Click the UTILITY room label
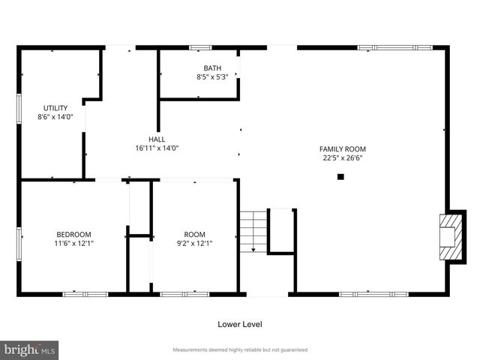pos(55,108)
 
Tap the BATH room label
pos(212,68)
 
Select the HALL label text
pos(157,139)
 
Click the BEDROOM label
pos(73,234)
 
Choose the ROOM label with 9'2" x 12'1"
pos(194,234)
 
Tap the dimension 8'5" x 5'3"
pos(212,77)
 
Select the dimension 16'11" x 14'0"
pos(157,148)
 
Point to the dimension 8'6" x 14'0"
pos(55,117)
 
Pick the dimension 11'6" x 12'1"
pos(73,243)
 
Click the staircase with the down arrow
pos(253,232)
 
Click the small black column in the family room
pos(340,177)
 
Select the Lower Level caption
pos(240,325)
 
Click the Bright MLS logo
pos(30,349)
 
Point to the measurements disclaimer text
pos(240,350)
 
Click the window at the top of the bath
pos(200,48)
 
